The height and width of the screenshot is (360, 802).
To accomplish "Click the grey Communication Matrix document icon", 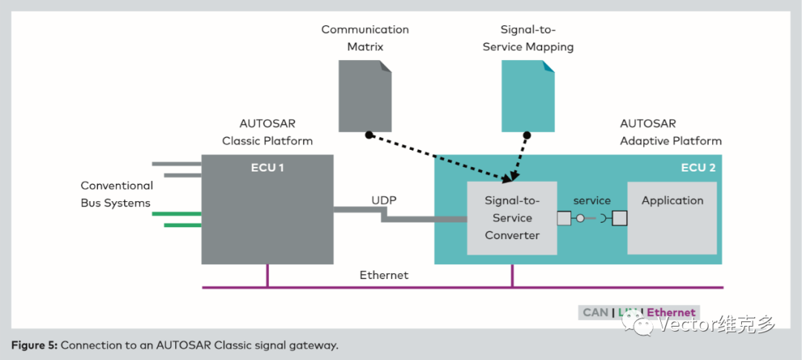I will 365,96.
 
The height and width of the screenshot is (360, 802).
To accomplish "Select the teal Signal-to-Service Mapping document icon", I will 527,96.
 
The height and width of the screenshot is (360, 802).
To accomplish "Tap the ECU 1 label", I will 267,168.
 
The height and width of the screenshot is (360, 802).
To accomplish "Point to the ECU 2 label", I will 698,168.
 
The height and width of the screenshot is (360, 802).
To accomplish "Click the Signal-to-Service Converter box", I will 512,218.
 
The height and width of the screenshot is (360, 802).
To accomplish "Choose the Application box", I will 672,200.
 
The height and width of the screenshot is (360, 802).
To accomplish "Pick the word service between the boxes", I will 592,200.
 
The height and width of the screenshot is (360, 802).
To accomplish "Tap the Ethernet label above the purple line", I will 384,275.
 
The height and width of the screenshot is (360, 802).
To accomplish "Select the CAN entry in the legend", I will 595,312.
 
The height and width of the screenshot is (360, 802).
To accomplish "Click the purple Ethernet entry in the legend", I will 671,312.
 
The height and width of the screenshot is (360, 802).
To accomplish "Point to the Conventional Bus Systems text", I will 117,194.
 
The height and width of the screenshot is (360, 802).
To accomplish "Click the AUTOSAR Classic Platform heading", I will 267,132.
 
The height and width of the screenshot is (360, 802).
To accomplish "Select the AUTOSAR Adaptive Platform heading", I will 671,132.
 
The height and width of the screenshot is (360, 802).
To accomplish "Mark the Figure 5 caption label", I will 35,345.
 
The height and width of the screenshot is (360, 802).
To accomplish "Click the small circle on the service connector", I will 581,218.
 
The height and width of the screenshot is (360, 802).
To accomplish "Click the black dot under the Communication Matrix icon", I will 368,135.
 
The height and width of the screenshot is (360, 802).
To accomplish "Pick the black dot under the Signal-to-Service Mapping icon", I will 526,135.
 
